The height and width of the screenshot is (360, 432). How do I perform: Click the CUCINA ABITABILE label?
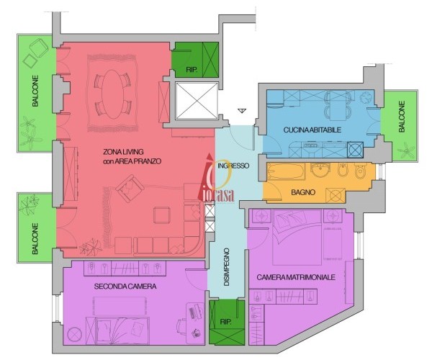(312, 130)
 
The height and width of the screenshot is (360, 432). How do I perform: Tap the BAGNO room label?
(303, 192)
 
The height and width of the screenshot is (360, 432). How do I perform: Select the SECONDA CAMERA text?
(125, 287)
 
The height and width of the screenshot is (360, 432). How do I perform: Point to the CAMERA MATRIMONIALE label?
(296, 277)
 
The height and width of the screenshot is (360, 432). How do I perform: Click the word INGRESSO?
(233, 166)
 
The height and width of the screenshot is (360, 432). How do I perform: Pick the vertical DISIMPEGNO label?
(227, 267)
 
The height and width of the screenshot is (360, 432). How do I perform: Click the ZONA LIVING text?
(123, 152)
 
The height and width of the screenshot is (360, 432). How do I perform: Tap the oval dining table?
(113, 94)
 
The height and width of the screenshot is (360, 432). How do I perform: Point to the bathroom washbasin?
(320, 171)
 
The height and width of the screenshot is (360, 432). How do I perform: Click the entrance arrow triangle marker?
(242, 111)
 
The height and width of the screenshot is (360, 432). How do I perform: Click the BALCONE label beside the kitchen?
(402, 117)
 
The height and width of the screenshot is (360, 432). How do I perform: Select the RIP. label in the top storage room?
(192, 70)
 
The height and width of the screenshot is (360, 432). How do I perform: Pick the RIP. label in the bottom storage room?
(225, 322)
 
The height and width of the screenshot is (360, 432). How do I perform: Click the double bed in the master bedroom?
(297, 237)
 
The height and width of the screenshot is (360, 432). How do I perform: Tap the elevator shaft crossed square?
(197, 101)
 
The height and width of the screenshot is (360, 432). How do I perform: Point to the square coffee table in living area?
(162, 215)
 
